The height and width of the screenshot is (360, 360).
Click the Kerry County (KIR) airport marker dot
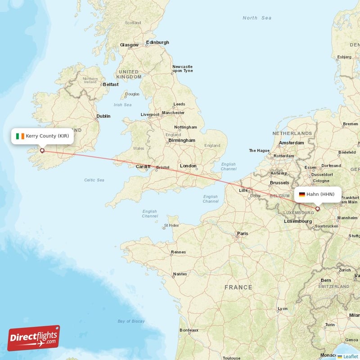click(42, 151)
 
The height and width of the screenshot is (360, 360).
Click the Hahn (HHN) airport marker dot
click(317, 208)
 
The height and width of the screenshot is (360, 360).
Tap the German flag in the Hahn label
click(302, 194)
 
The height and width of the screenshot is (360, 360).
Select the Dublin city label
click(103, 116)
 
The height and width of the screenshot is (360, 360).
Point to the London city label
click(188, 166)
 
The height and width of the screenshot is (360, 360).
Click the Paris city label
click(243, 234)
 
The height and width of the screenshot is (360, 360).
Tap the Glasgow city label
click(129, 45)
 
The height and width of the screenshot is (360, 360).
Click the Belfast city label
click(111, 84)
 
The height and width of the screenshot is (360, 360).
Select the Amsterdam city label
click(292, 143)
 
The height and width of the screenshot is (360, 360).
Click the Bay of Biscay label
click(131, 321)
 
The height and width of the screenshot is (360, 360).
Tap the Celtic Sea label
click(94, 180)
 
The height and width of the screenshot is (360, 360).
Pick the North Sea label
click(257, 18)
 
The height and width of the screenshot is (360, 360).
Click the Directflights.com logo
click(34, 338)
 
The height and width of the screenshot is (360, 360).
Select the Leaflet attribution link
click(348, 356)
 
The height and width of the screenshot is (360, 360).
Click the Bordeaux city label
click(189, 330)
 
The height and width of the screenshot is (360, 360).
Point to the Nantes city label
click(180, 274)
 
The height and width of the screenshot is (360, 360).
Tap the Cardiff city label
click(143, 166)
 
